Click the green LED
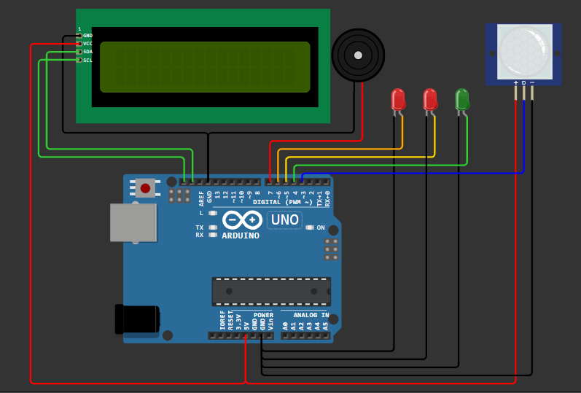[461, 99]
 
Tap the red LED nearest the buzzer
[397, 99]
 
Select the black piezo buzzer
[357, 55]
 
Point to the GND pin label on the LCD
[87, 35]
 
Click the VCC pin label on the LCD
[87, 44]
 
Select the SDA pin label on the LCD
[87, 52]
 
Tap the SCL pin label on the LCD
[87, 60]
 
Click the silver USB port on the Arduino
[133, 222]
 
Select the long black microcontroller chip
[271, 291]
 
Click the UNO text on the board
[284, 219]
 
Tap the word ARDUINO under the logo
[241, 236]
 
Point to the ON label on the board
[321, 227]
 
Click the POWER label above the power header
[263, 315]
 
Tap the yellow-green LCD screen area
[205, 67]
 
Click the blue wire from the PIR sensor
[437, 173]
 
